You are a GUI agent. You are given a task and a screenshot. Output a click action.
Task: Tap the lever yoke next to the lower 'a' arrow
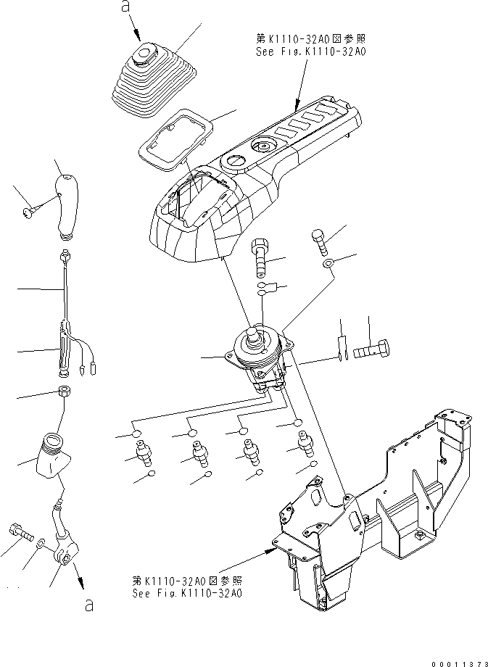(x=63, y=555)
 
